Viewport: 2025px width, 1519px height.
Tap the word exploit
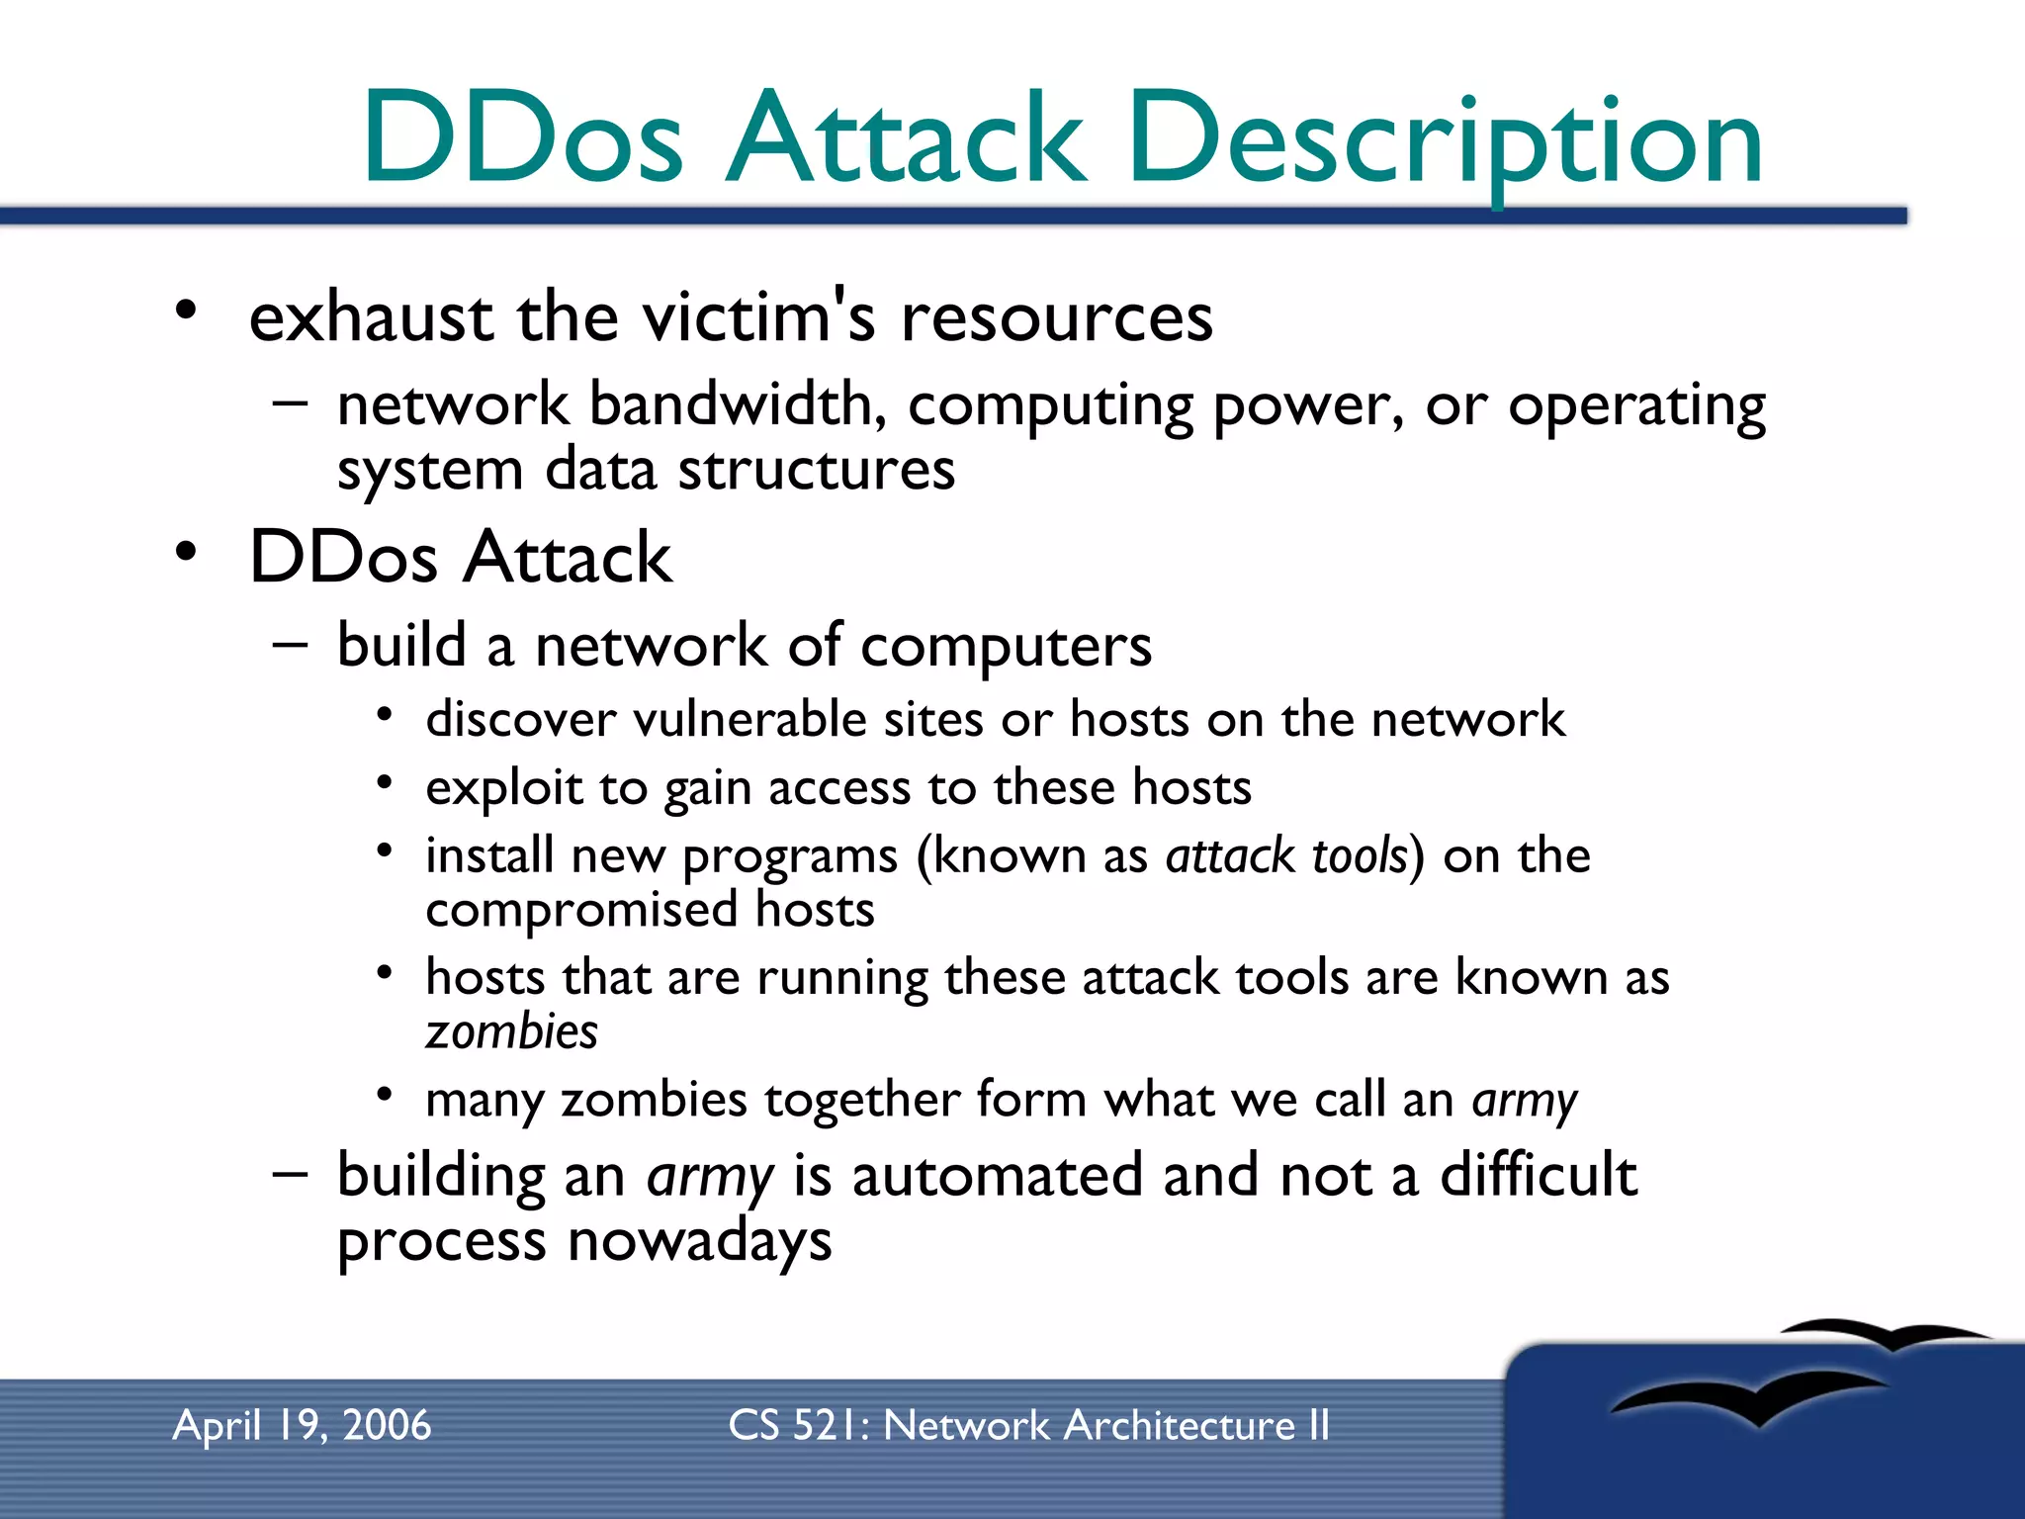pos(504,789)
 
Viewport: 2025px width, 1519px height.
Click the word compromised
pos(581,910)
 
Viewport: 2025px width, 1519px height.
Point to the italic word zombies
pos(511,1032)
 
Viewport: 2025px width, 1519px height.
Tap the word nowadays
pos(699,1242)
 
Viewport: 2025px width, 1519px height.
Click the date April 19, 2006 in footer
pos(302,1426)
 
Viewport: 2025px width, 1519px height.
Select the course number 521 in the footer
pos(825,1426)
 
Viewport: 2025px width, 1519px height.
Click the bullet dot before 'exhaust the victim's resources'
pos(186,311)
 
